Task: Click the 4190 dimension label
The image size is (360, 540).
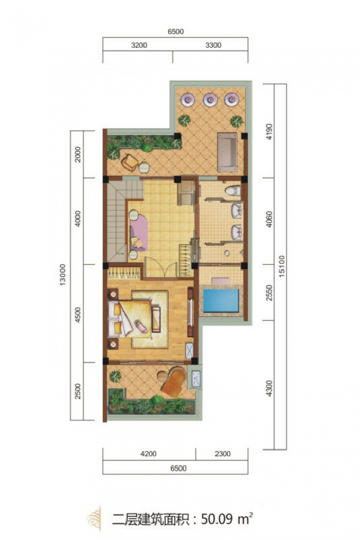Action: pos(269,131)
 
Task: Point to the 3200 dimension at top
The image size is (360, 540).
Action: pos(139,45)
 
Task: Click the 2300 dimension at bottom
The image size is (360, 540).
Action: pos(223,454)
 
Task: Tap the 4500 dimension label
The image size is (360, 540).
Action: pos(78,315)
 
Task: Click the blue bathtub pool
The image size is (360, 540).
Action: pos(221,300)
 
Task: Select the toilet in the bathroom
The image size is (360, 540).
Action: pos(232,190)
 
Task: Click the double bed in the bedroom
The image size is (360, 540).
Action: pos(130,318)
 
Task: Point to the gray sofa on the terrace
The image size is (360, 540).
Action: pos(227,152)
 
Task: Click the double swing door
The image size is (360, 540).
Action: pos(161,266)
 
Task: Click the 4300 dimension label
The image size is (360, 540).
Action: pos(269,388)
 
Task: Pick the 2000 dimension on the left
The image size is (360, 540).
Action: pos(78,154)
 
